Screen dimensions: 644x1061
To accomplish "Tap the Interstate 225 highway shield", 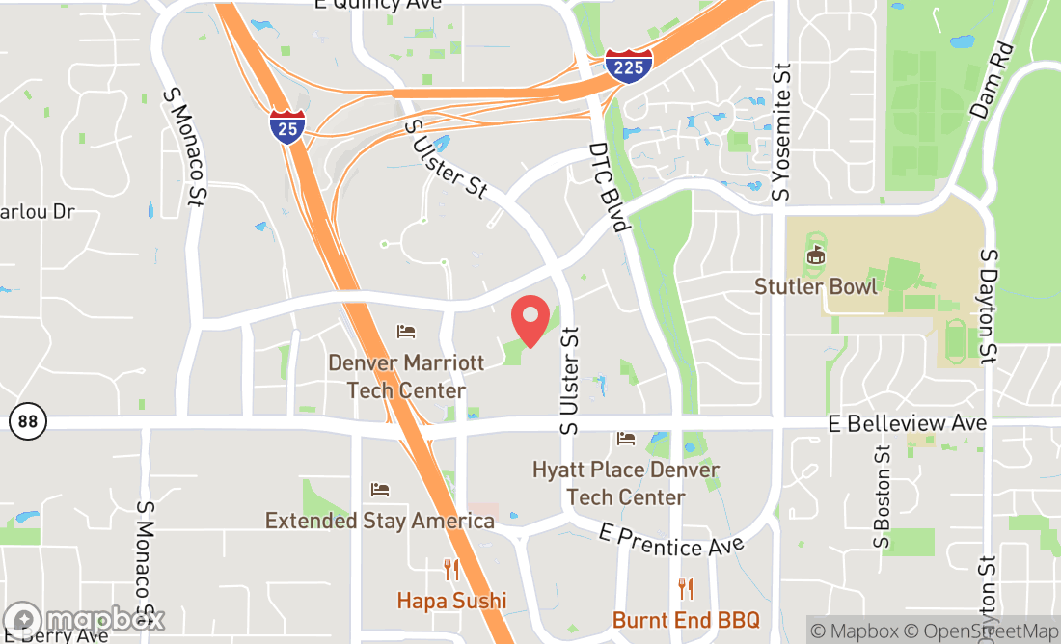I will point(629,65).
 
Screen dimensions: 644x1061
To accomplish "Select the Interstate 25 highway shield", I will point(287,126).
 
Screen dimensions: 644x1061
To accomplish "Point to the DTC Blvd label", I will point(610,188).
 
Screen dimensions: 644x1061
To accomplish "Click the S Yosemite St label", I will point(783,132).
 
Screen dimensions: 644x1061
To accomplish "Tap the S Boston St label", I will point(882,496).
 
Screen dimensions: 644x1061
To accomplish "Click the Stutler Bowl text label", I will point(816,286).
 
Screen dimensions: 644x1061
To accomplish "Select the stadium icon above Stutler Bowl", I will point(816,256).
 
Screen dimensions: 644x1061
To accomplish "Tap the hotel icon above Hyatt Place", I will point(626,440).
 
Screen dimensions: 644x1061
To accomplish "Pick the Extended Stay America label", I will point(380,521).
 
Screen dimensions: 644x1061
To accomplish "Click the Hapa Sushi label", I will point(451,600).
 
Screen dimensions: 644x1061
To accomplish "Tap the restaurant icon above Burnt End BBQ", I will point(686,588).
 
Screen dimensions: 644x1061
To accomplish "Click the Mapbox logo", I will point(85,618).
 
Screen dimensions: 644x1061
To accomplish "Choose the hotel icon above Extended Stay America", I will point(380,490).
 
